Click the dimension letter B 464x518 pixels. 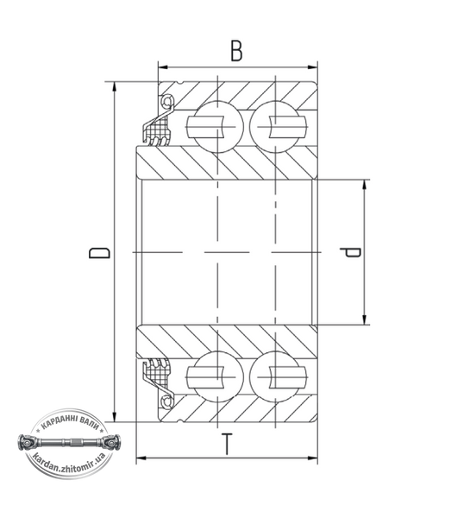click(x=236, y=51)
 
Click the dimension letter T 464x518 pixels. click(x=226, y=445)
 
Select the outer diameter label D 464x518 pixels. click(x=99, y=252)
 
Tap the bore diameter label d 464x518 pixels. click(x=350, y=252)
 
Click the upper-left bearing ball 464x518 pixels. click(x=218, y=127)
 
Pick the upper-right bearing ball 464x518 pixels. click(x=276, y=127)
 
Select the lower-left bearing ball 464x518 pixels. click(x=218, y=377)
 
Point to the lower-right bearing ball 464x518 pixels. click(x=276, y=377)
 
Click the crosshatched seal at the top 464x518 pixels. click(x=159, y=130)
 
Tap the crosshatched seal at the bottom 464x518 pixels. click(x=159, y=373)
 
